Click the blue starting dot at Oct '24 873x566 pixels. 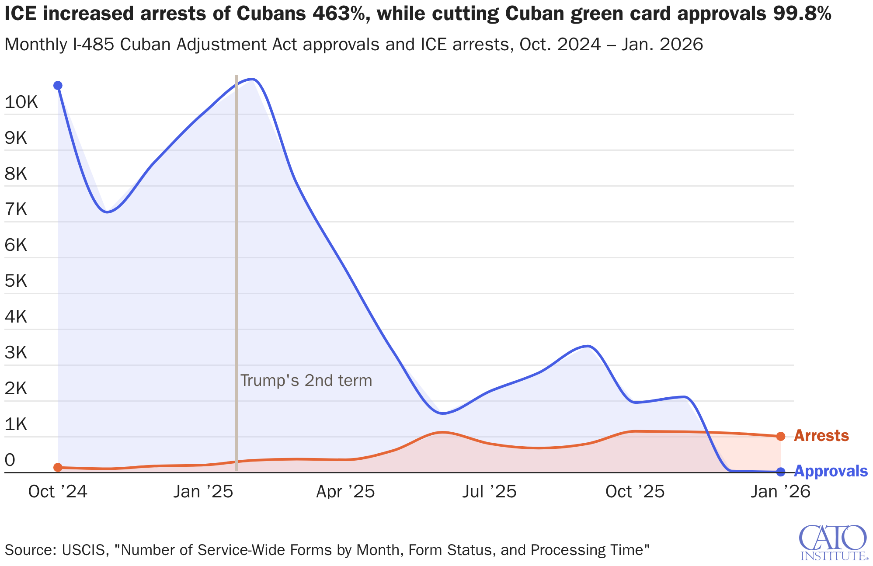[x=58, y=85]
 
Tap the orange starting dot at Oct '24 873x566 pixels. [x=58, y=467]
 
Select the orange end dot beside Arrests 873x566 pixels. [x=781, y=436]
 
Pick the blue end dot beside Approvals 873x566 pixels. [x=781, y=472]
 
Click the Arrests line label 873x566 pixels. [x=821, y=436]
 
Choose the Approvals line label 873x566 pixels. [x=830, y=471]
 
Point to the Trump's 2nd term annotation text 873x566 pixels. [x=306, y=380]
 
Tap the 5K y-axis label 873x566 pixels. [x=16, y=281]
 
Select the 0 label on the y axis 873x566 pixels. [x=10, y=460]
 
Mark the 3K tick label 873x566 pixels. [x=16, y=352]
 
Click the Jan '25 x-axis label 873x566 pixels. [x=203, y=492]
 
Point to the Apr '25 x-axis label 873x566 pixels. [x=345, y=492]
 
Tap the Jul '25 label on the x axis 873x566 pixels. [x=490, y=492]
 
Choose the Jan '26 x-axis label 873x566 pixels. [x=781, y=492]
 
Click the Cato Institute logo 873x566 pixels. [x=833, y=542]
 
